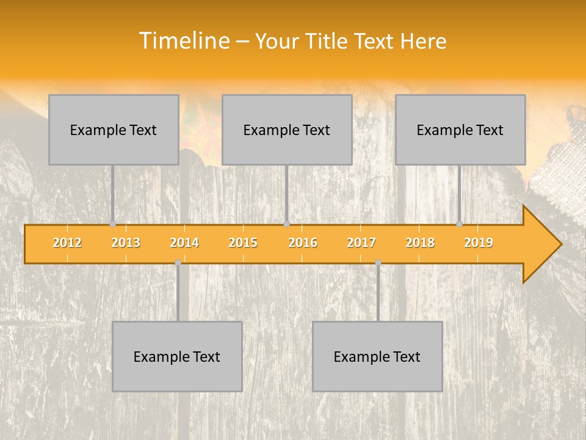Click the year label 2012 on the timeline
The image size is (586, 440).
(x=67, y=243)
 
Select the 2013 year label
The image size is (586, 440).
(x=126, y=243)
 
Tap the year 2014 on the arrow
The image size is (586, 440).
(x=184, y=243)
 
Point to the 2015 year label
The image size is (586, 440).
(x=243, y=243)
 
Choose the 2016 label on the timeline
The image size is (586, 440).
(x=303, y=243)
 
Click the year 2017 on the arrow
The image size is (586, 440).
(x=361, y=243)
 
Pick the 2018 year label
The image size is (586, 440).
(x=420, y=243)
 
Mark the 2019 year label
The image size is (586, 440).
(x=479, y=243)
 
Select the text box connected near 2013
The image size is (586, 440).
(x=114, y=130)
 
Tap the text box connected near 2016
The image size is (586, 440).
(x=287, y=130)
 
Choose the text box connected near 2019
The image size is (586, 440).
(x=460, y=130)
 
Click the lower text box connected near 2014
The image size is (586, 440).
(x=177, y=356)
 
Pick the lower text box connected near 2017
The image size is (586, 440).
(x=377, y=356)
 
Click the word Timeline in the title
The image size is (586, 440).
(x=183, y=41)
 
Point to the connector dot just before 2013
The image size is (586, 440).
(x=112, y=224)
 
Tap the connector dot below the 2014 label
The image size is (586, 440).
(x=178, y=262)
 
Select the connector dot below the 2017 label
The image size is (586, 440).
(x=378, y=262)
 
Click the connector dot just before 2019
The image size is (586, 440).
(x=459, y=224)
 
